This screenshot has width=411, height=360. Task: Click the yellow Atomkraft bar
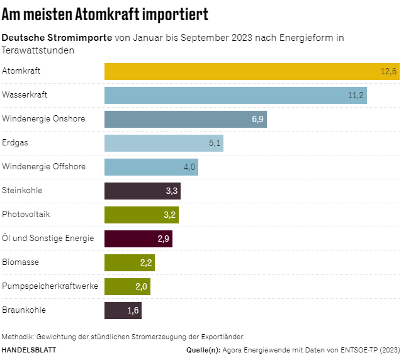pyautogui.click(x=252, y=71)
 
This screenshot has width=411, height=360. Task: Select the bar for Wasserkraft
pyautogui.click(x=235, y=95)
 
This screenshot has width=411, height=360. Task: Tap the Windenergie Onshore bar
pyautogui.click(x=186, y=119)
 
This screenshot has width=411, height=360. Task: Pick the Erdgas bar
pyautogui.click(x=164, y=143)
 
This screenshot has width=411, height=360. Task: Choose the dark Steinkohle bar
pyautogui.click(x=142, y=191)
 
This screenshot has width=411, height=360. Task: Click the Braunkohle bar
pyautogui.click(x=123, y=310)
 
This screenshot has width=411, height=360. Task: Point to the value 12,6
pyautogui.click(x=389, y=72)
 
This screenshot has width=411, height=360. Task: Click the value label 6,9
pyautogui.click(x=257, y=120)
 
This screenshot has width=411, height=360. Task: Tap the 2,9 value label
pyautogui.click(x=163, y=239)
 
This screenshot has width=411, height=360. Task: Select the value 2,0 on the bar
pyautogui.click(x=141, y=287)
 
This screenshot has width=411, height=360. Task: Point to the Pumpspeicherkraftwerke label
pyautogui.click(x=50, y=286)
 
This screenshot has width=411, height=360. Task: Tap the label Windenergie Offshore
pyautogui.click(x=43, y=167)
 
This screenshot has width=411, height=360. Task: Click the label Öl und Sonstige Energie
pyautogui.click(x=48, y=239)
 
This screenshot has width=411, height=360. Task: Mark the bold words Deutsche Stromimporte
pyautogui.click(x=57, y=38)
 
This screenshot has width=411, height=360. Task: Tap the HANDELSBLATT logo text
pyautogui.click(x=29, y=349)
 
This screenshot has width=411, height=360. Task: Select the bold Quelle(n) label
pyautogui.click(x=203, y=349)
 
